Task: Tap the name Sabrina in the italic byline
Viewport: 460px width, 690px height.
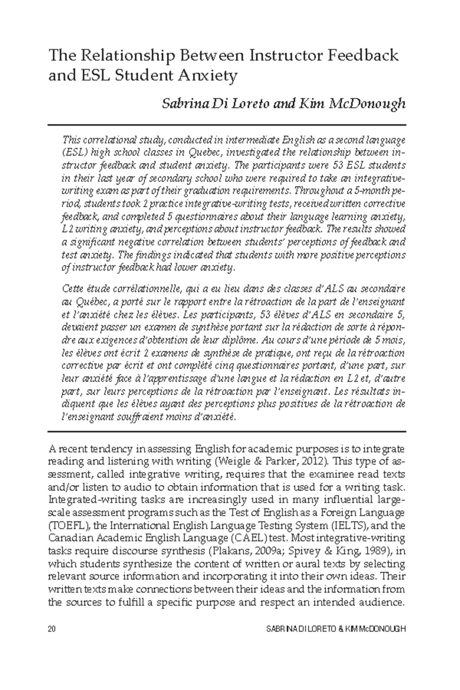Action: pos(182,103)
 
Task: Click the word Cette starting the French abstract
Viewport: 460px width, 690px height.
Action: pos(73,288)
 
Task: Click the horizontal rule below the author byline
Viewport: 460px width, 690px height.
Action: pos(227,125)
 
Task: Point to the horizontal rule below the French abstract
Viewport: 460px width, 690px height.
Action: pos(227,431)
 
